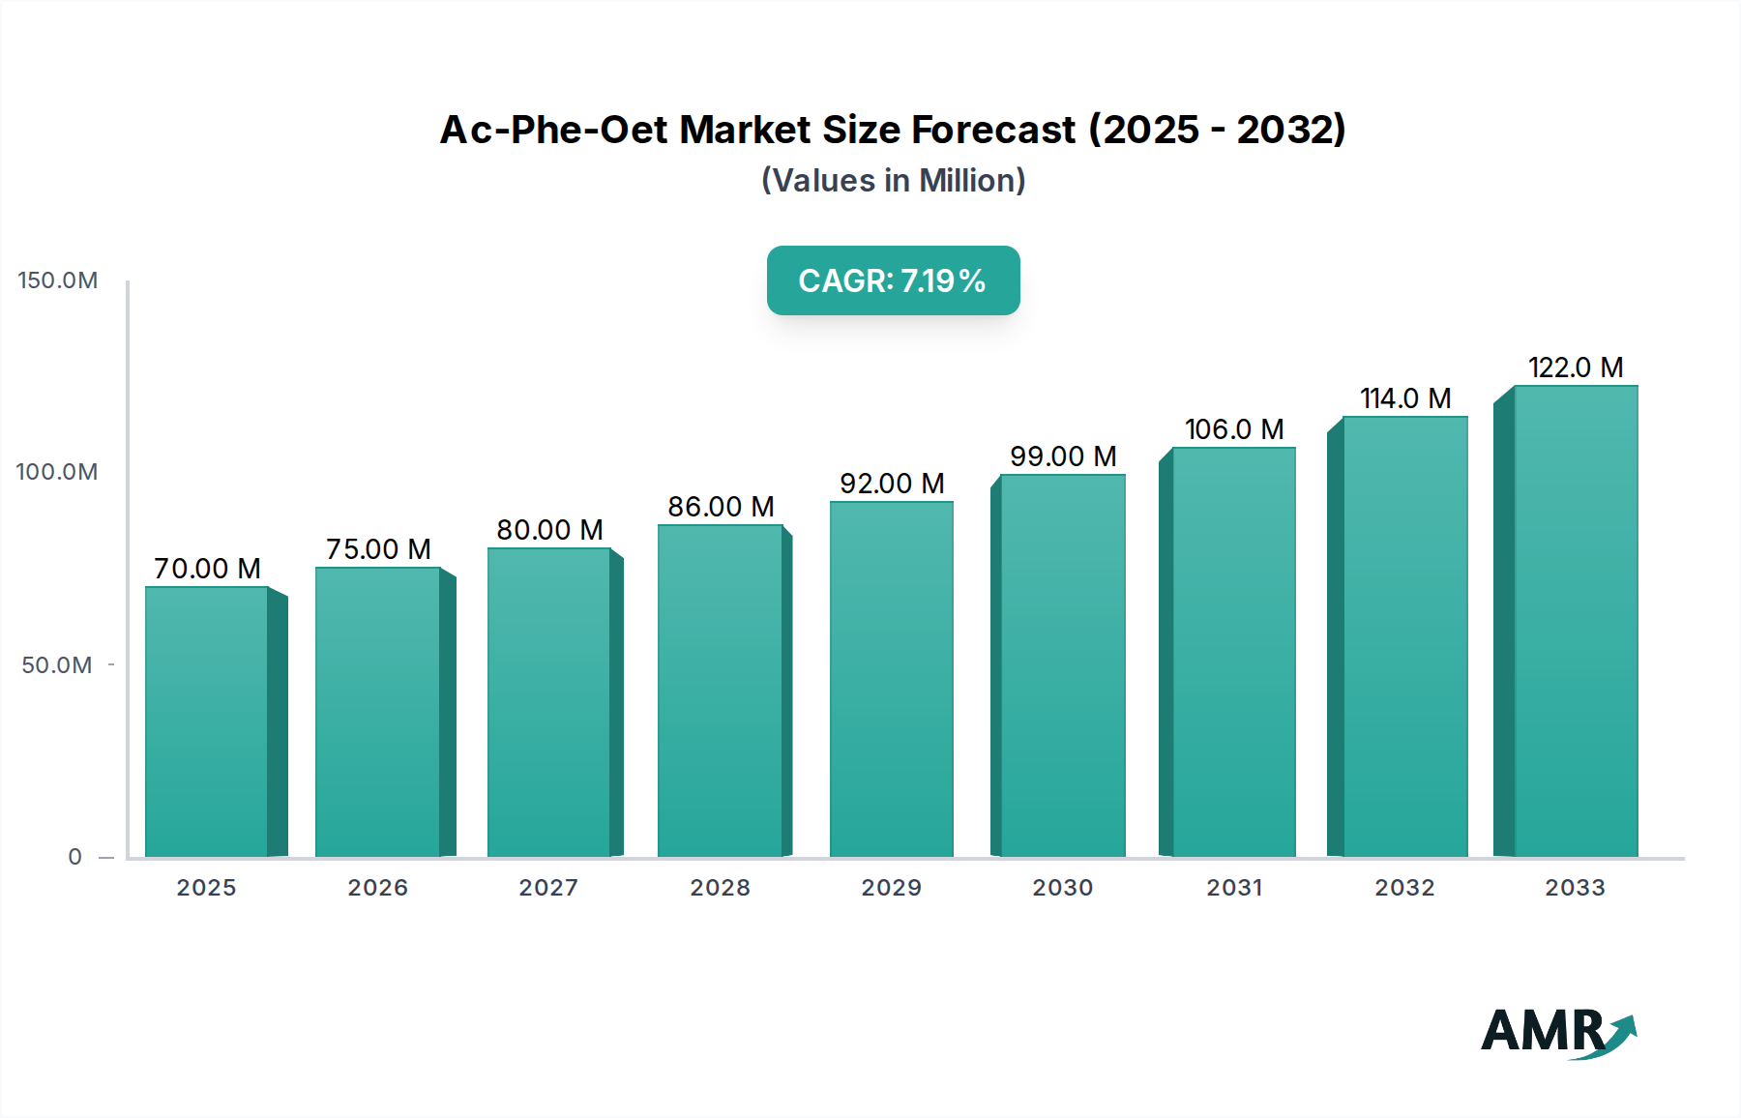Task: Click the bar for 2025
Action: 207,721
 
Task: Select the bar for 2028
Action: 720,690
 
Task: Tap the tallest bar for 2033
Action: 1575,621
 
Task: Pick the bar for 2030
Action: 1062,665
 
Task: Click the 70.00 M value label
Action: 207,569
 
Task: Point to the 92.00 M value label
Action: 892,484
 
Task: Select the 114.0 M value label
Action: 1405,398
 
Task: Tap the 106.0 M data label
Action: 1234,429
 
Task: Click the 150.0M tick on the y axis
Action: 58,280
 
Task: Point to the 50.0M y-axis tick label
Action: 57,665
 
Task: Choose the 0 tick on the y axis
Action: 74,857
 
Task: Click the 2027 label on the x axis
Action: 548,888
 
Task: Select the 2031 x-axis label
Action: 1234,888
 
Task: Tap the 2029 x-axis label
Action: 892,888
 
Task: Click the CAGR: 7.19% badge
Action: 893,280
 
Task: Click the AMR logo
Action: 1557,1032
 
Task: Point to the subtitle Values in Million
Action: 893,181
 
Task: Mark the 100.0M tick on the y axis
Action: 57,472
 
